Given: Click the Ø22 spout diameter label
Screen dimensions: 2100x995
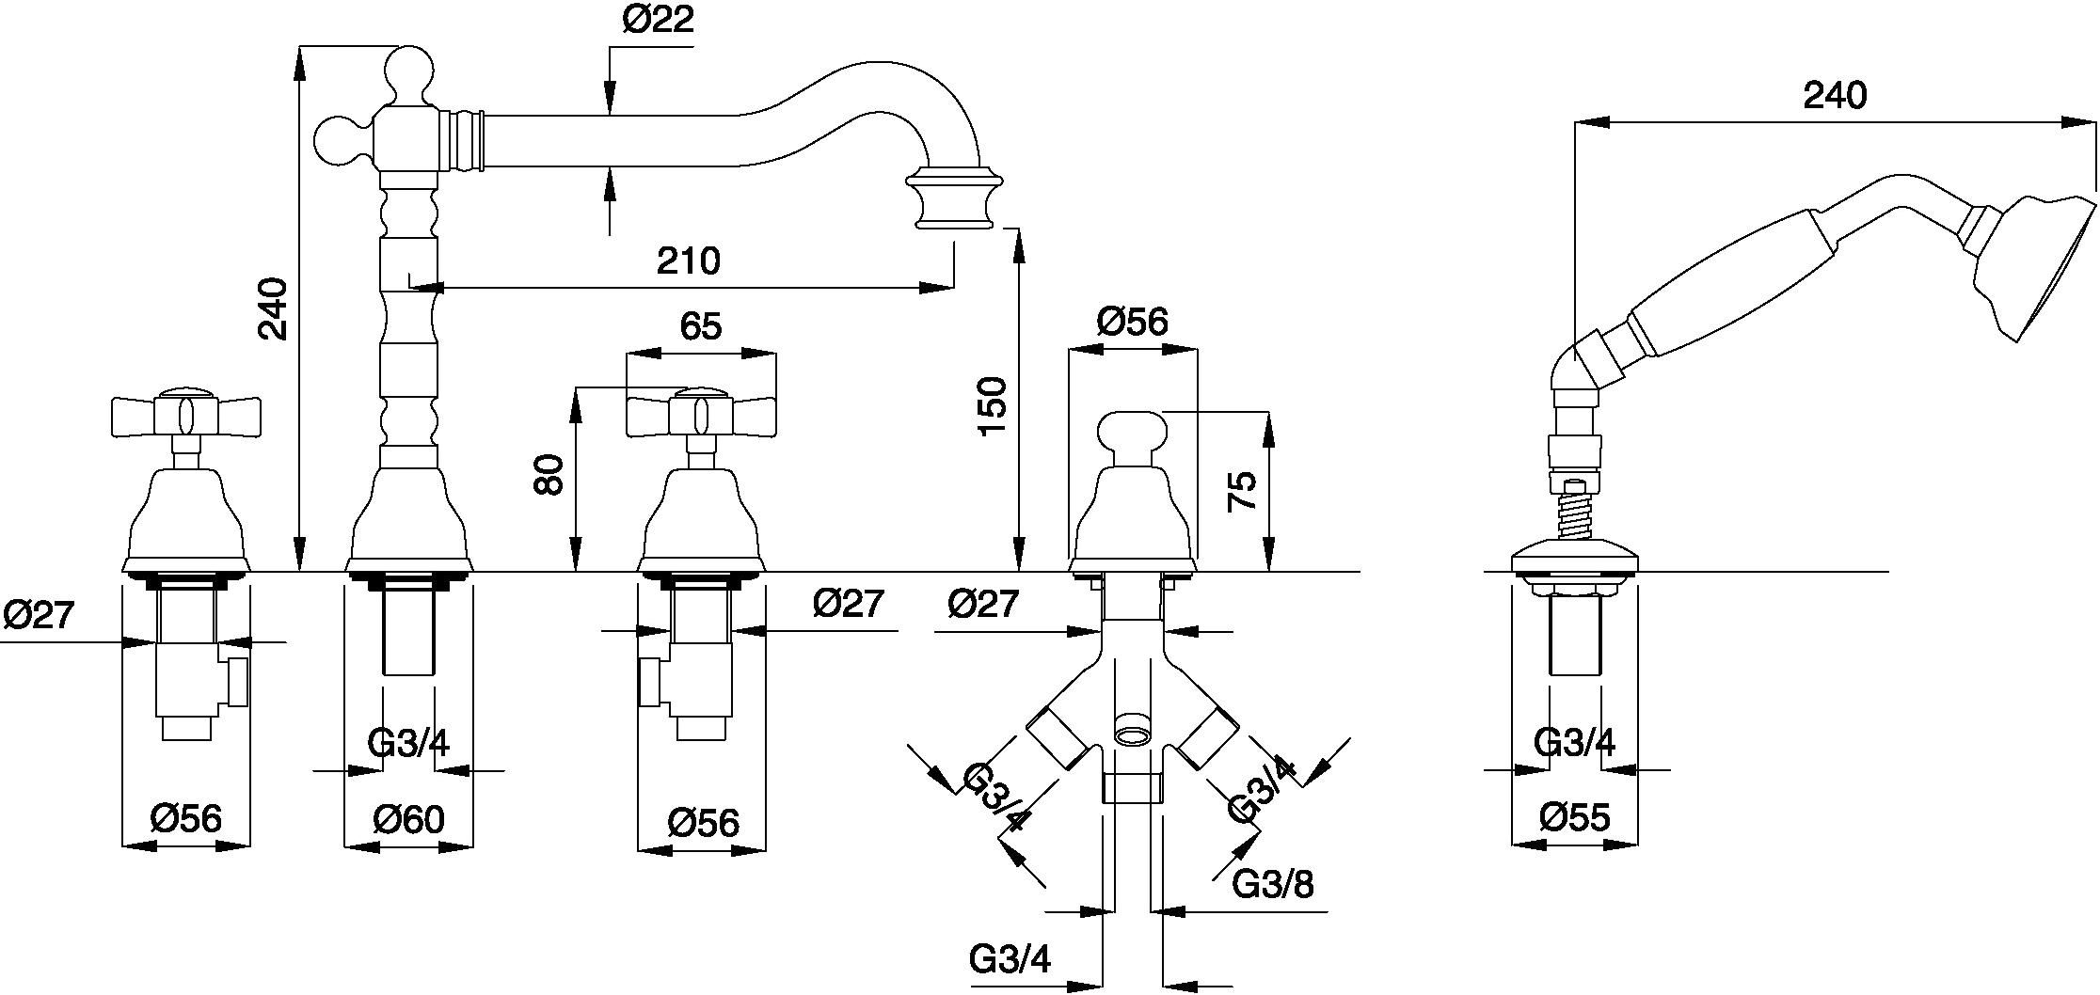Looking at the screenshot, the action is (658, 21).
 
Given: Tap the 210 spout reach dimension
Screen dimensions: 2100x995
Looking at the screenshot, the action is (689, 261).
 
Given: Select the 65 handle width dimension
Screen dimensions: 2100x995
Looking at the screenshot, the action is (701, 326).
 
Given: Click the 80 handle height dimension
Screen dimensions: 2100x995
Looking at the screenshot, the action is (549, 474).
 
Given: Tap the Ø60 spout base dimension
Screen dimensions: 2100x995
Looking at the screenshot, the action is (408, 819).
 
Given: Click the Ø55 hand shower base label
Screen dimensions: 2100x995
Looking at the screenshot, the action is (1575, 817).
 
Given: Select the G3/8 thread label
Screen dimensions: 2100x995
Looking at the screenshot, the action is (1273, 884).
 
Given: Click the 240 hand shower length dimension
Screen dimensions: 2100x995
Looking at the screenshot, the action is (1835, 95).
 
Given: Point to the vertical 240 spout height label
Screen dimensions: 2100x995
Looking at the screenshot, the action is (273, 308).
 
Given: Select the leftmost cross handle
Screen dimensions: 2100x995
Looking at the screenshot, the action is (185, 414).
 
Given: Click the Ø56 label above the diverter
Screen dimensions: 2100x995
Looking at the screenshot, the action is (1132, 323).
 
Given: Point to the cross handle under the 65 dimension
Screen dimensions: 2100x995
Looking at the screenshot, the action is (701, 414).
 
